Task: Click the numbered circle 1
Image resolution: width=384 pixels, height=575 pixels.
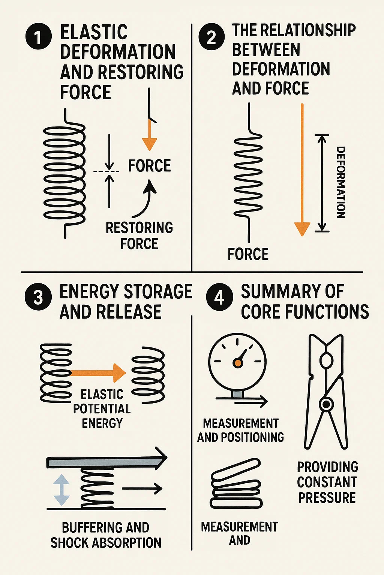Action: [38, 37]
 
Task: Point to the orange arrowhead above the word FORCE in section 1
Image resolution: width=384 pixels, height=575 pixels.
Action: [149, 143]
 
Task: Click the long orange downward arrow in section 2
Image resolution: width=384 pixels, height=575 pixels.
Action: [302, 168]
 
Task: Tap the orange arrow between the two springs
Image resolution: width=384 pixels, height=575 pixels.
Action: [99, 372]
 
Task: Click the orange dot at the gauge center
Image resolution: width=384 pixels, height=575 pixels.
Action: [237, 362]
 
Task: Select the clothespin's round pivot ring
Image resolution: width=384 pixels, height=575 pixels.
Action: [326, 404]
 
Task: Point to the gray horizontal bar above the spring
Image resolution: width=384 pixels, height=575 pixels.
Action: [101, 463]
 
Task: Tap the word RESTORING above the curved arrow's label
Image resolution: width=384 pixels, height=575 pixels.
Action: [139, 228]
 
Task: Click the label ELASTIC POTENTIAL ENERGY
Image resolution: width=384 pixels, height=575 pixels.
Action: [102, 408]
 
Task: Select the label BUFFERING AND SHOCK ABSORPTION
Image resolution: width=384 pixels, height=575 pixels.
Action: [106, 535]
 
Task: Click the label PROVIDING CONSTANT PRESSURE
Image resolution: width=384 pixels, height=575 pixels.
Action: [327, 482]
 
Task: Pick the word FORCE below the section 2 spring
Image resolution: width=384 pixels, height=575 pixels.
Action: [248, 254]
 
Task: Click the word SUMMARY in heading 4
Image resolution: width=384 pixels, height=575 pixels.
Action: [292, 292]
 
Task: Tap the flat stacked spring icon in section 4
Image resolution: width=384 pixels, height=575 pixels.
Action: [236, 484]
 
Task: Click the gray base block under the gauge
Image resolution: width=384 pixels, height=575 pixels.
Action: [237, 394]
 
